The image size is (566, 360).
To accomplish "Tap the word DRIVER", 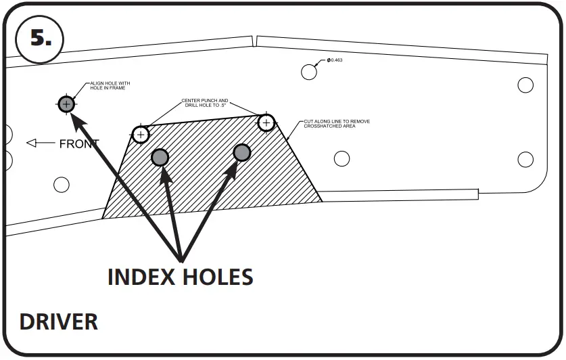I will [59, 321].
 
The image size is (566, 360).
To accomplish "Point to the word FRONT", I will [79, 143].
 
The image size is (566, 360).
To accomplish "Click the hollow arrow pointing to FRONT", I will [40, 143].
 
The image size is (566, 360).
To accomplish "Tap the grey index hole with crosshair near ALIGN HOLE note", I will [66, 104].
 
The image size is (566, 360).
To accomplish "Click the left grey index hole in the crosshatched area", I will [160, 158].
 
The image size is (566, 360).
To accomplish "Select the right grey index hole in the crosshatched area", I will [242, 152].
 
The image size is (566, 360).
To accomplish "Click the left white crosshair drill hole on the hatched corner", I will [141, 134].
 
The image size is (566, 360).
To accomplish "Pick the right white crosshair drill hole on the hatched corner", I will [266, 122].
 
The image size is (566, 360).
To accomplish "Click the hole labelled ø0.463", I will [309, 71].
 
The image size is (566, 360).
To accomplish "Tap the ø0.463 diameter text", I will [335, 61].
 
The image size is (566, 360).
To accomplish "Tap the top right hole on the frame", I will [525, 85].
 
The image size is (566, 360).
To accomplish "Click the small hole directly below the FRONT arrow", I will [62, 184].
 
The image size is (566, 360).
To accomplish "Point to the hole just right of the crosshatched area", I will [342, 159].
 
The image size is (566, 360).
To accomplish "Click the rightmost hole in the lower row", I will [525, 160].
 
